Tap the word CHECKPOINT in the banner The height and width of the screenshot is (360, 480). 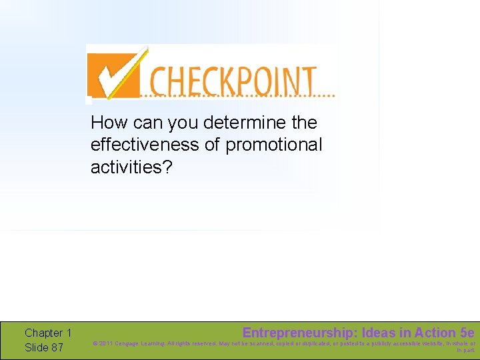(232, 81)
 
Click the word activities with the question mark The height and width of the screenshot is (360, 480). (131, 167)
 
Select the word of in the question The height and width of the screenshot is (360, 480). (213, 145)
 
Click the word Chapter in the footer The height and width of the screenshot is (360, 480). (43, 333)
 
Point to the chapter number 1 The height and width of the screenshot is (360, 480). (69, 333)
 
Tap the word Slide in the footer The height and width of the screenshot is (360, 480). (37, 347)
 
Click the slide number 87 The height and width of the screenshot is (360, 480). (57, 347)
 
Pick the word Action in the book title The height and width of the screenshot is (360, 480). (436, 332)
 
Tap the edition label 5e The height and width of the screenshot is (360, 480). (467, 332)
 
